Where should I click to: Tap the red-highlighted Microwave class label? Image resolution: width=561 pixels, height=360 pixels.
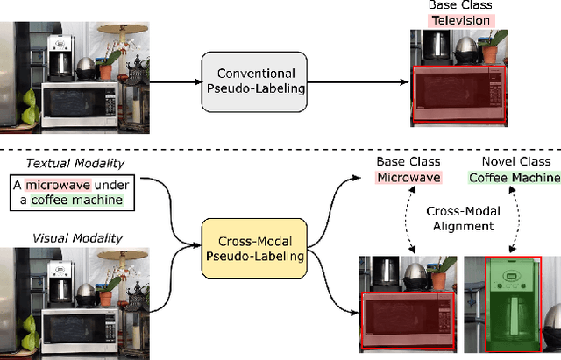pos(409,178)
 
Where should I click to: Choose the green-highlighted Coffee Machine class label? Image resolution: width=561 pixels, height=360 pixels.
pos(514,178)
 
